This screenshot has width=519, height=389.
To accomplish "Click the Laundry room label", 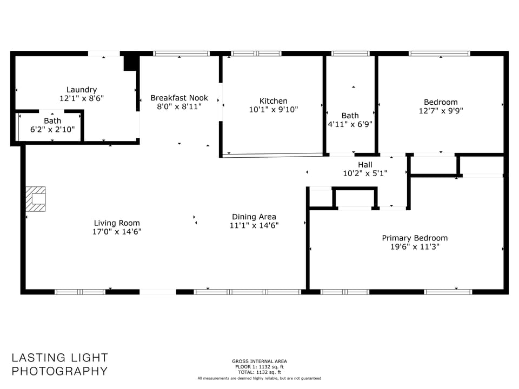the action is (82, 90).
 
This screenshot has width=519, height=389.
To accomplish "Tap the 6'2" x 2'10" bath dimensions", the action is (52, 129).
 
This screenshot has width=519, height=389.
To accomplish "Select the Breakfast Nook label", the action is (179, 98).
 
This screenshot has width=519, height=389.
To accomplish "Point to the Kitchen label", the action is (273, 101).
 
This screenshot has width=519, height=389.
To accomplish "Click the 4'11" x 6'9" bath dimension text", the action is (350, 124).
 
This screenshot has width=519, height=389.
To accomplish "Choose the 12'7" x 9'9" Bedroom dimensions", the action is (441, 111).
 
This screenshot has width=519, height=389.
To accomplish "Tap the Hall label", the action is (365, 165).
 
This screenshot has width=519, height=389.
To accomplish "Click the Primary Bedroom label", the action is (415, 238).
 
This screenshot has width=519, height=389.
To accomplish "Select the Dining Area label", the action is (254, 217).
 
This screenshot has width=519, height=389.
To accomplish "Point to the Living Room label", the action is (117, 223).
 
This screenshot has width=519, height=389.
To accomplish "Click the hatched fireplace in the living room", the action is (36, 199).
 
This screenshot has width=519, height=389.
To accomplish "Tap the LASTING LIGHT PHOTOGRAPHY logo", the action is (60, 364).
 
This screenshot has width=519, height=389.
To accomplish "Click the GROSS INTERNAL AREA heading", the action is (259, 361).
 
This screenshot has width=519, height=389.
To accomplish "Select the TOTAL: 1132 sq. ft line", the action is (259, 372).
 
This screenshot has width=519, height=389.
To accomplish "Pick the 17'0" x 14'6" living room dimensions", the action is (117, 232).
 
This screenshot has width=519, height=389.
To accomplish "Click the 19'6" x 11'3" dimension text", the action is (415, 247).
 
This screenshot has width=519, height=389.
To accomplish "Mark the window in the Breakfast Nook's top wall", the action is (181, 53).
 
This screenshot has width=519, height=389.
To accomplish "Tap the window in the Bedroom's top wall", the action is (439, 53).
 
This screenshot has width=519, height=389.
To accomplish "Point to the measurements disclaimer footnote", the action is (259, 378).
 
